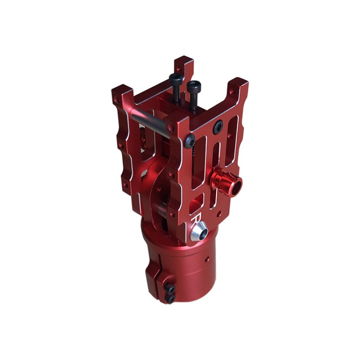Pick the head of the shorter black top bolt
pyautogui.click(x=194, y=86)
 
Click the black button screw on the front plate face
pyautogui.click(x=218, y=127)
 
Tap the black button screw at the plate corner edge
pyautogui.click(x=190, y=141)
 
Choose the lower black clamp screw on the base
pyautogui.click(x=171, y=298)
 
